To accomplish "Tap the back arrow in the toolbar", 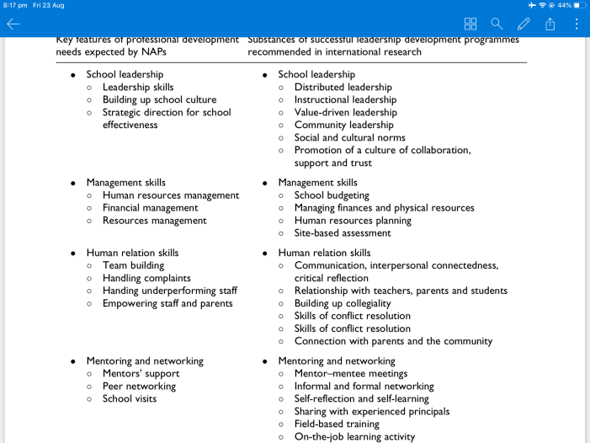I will click(13, 24).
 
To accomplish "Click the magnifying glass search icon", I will click(497, 24).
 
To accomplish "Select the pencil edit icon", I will click(524, 24).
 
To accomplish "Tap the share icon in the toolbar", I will click(550, 24).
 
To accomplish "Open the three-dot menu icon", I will click(577, 24).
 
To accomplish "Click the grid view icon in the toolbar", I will click(470, 24).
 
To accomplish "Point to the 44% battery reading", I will click(564, 5).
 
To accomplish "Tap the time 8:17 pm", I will click(14, 5).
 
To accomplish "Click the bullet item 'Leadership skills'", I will click(138, 87).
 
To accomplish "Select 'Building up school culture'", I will click(159, 99).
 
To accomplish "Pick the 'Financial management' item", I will click(150, 207).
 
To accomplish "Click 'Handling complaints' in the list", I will click(146, 278).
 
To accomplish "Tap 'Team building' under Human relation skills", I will click(133, 265).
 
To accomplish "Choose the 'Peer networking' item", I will click(139, 386).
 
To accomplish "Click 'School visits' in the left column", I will click(129, 398).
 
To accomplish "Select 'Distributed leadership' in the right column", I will click(343, 87).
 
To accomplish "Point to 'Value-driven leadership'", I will click(345, 112).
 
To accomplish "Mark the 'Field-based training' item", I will click(337, 424).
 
